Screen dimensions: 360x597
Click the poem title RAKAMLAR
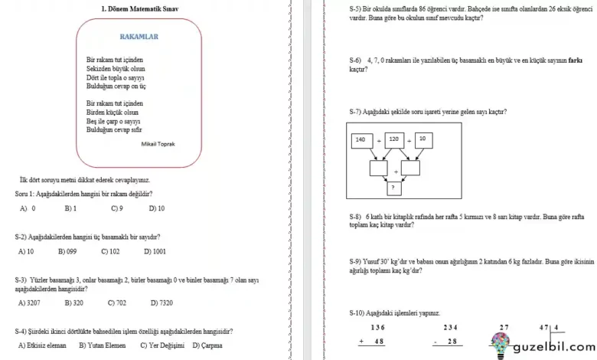(x=139, y=36)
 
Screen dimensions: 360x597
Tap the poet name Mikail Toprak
(x=158, y=143)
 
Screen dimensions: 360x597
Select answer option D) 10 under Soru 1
(x=156, y=208)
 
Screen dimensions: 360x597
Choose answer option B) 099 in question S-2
(x=67, y=251)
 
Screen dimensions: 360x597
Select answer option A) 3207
(x=28, y=303)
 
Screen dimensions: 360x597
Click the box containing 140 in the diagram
(x=360, y=139)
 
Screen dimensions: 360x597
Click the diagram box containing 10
(x=421, y=139)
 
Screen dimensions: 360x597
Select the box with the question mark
(x=393, y=186)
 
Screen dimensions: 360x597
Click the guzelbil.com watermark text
(x=552, y=345)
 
